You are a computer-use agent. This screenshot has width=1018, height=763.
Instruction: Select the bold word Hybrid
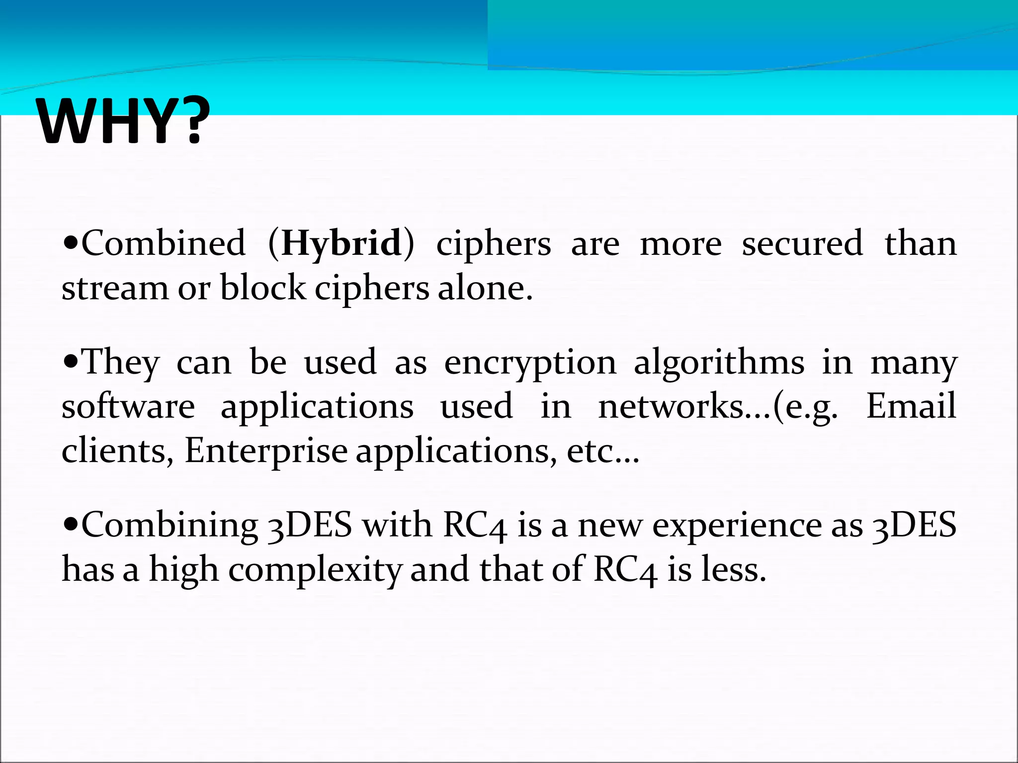coord(341,244)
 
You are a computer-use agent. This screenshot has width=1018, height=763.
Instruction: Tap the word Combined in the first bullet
coord(163,243)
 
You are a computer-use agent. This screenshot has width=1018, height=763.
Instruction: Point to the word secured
coord(802,243)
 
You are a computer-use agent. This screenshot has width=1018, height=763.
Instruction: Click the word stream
coord(115,288)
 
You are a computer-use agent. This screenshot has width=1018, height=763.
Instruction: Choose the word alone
coord(485,288)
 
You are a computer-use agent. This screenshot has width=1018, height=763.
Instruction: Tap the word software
coord(128,406)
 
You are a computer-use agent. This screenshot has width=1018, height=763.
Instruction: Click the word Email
coord(911,406)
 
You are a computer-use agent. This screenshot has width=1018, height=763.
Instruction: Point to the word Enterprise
coord(266,451)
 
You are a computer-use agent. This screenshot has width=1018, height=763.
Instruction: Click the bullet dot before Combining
coord(71,525)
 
